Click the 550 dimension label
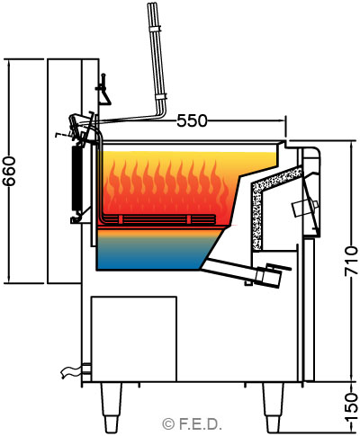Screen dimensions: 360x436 click(192, 120)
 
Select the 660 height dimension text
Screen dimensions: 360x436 click(10, 171)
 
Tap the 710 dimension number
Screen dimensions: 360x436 click(351, 262)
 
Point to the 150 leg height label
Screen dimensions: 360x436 click(351, 407)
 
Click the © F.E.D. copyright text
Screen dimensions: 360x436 click(192, 424)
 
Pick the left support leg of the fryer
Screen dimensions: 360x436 click(111, 407)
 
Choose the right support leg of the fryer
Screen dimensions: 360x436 click(274, 407)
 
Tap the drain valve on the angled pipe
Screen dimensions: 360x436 click(268, 275)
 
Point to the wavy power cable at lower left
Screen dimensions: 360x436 click(71, 372)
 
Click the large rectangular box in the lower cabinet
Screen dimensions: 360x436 click(134, 339)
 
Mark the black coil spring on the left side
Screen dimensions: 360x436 click(76, 178)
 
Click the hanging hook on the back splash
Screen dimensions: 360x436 click(103, 89)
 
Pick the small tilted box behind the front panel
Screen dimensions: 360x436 click(304, 209)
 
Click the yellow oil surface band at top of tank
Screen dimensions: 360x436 click(186, 156)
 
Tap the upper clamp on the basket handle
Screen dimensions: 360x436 click(156, 29)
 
